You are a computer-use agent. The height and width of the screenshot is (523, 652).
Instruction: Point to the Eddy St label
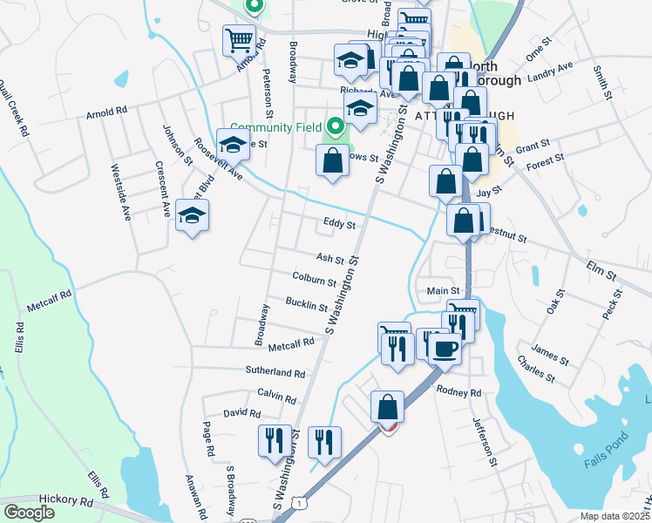(339, 224)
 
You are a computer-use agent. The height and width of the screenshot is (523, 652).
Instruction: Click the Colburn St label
(315, 281)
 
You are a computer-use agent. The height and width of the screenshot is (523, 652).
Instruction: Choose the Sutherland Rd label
(275, 373)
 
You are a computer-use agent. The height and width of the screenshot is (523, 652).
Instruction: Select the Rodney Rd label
(458, 392)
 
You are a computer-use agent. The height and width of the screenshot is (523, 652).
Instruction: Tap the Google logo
(29, 513)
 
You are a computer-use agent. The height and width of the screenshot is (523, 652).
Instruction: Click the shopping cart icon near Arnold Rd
(240, 39)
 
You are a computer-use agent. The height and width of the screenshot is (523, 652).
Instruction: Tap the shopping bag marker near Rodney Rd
(387, 406)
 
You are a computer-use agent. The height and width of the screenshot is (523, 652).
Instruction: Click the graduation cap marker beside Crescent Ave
(192, 215)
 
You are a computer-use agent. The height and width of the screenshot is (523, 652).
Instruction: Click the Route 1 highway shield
(299, 505)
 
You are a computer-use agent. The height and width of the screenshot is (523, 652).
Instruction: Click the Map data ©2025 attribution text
(615, 516)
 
